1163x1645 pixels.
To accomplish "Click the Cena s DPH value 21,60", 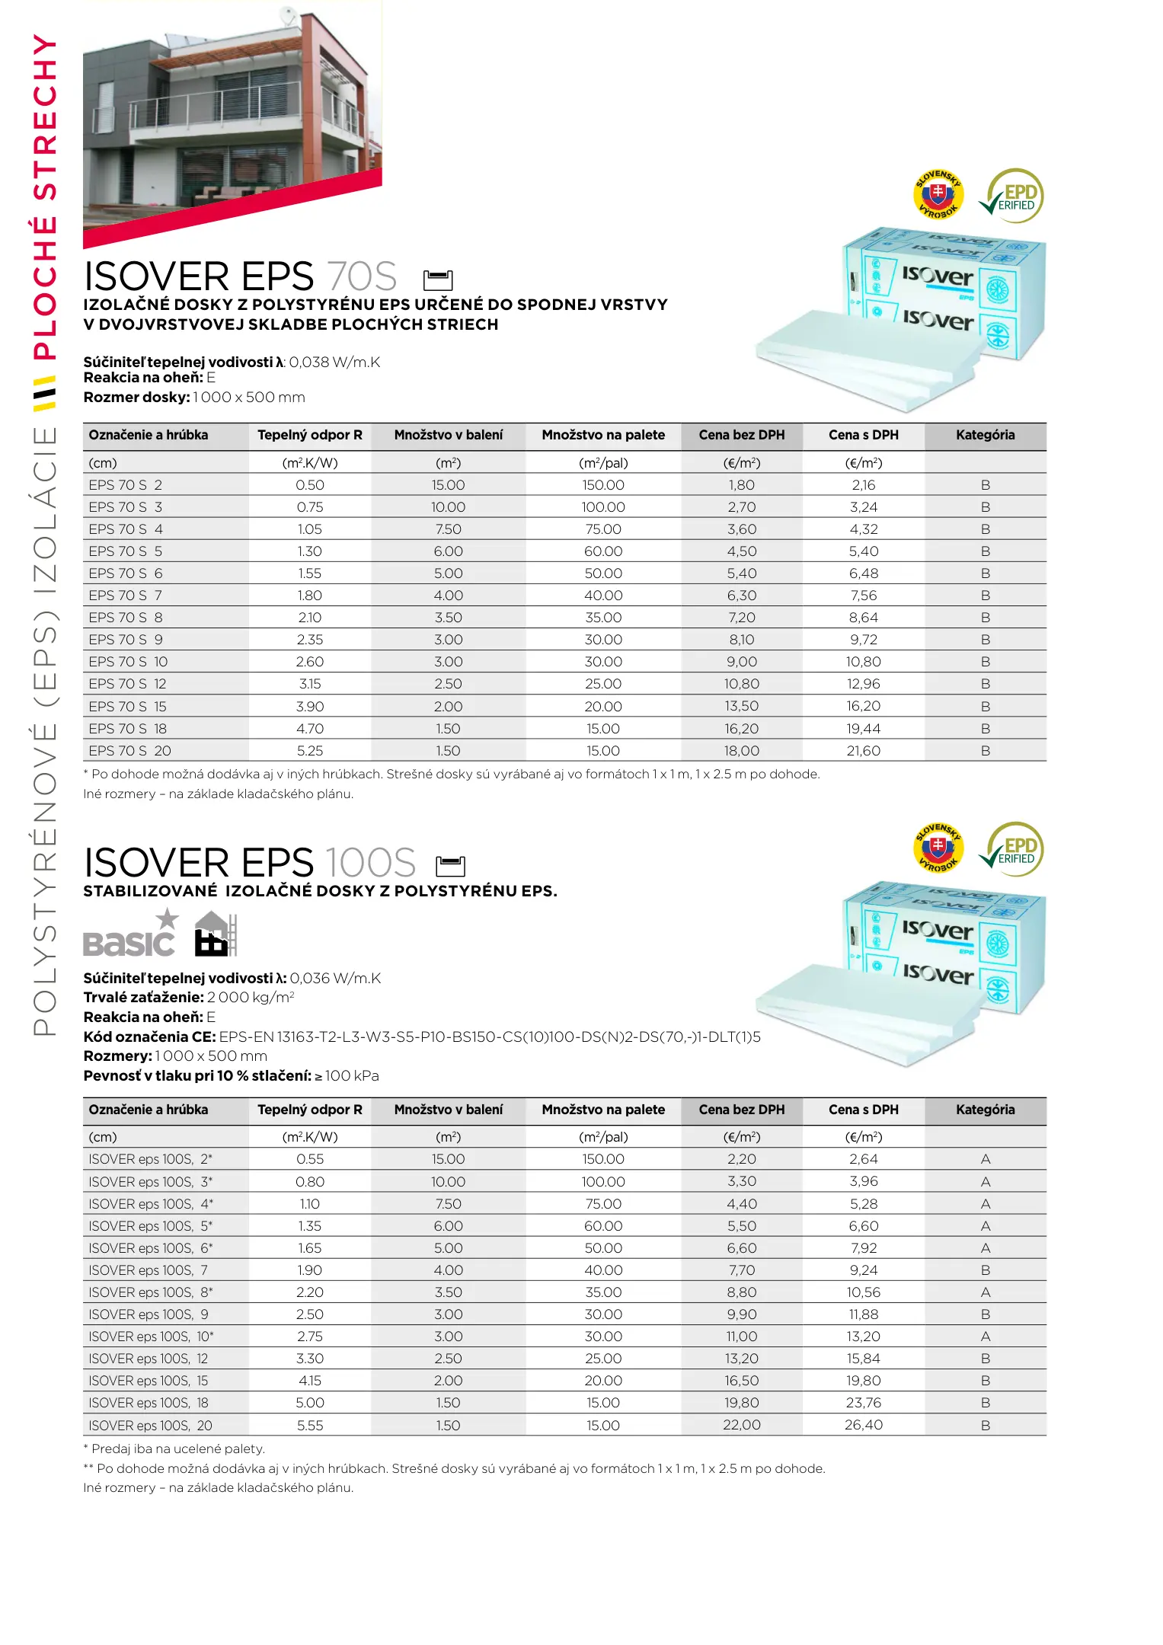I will pos(863,751).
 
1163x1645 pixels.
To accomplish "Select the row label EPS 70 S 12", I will pos(127,684).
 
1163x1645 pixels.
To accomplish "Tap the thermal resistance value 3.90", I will pos(310,707).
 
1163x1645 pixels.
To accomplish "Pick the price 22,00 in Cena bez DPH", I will pos(741,1425).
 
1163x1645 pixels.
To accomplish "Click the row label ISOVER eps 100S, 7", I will pos(149,1270).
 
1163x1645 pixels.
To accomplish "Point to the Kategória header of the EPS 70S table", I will pos(985,435).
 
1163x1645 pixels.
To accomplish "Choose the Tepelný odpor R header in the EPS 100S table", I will pos(310,1110).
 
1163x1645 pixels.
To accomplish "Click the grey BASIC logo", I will pos(130,936).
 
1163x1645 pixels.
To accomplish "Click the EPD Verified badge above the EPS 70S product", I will pos(1014,196).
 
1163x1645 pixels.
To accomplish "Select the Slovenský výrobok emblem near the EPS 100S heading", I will pos(938,848).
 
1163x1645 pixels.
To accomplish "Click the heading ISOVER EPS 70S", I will pos(240,276).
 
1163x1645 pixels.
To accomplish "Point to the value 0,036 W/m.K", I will pos(335,979).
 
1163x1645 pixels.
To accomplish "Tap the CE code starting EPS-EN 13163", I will pos(490,1037).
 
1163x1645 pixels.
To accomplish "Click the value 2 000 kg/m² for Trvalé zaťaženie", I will pos(251,998).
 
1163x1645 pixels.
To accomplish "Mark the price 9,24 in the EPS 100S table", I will pos(863,1270).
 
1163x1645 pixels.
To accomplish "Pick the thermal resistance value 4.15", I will pos(310,1381).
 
